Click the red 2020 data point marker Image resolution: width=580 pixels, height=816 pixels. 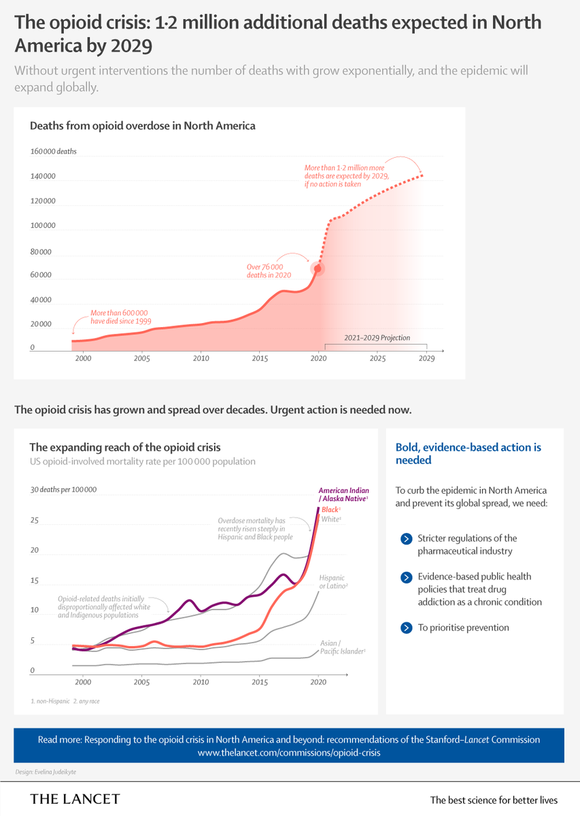(x=317, y=268)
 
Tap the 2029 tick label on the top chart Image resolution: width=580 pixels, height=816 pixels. (x=426, y=358)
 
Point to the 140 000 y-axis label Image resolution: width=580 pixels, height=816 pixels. (x=42, y=177)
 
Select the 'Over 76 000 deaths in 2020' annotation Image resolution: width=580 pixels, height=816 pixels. (x=270, y=271)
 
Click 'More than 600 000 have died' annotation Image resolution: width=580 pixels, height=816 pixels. (x=120, y=316)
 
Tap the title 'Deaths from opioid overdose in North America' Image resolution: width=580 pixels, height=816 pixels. (x=142, y=126)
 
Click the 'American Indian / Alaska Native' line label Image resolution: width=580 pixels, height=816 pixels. (x=343, y=494)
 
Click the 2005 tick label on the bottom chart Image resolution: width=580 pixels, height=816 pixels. (x=141, y=681)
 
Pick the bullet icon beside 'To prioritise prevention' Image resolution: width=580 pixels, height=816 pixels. (x=407, y=628)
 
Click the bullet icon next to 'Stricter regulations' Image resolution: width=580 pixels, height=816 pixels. (x=407, y=539)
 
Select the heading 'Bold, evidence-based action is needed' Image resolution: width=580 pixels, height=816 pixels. (x=468, y=454)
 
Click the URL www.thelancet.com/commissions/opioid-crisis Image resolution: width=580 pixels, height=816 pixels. (x=289, y=753)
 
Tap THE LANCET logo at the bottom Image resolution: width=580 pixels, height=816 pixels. (x=75, y=799)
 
